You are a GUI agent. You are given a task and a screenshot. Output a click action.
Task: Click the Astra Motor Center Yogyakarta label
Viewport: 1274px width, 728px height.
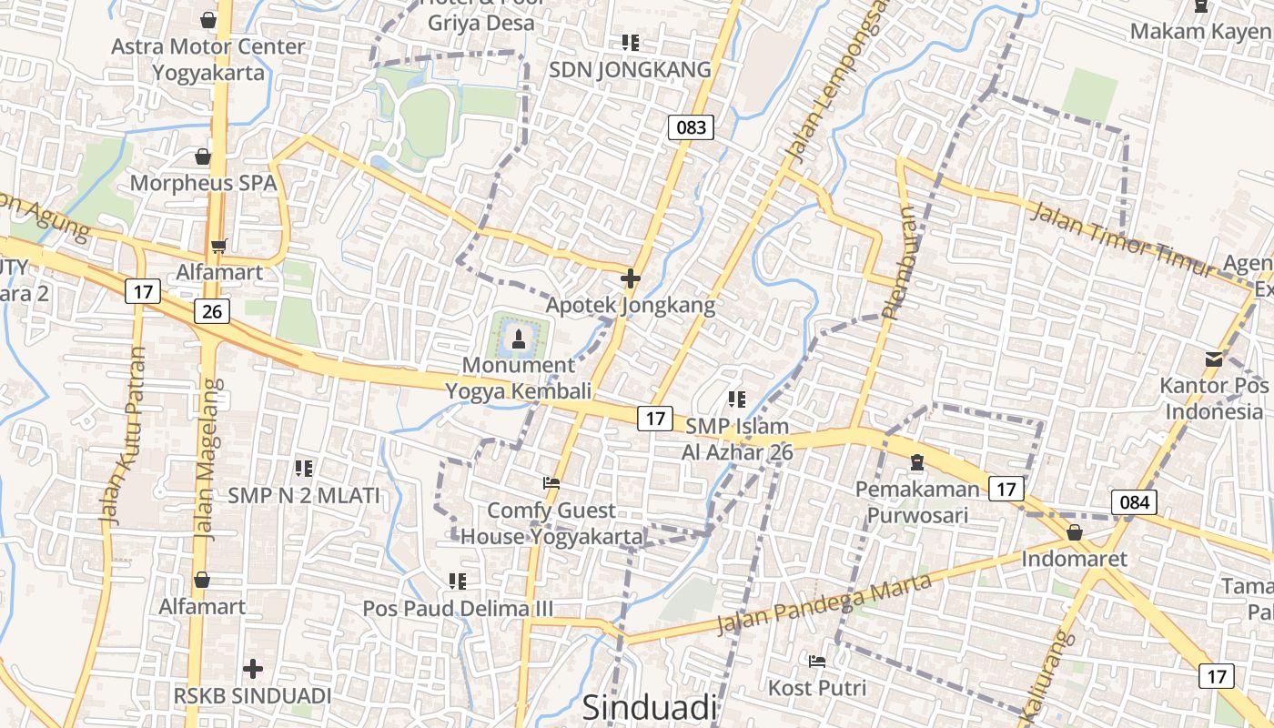coord(208,59)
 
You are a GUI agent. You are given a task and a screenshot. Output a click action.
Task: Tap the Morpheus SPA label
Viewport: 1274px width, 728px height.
coord(203,183)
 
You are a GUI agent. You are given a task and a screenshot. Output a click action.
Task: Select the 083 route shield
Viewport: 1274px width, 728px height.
coord(692,127)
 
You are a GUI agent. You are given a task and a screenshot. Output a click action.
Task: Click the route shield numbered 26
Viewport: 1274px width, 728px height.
coord(212,312)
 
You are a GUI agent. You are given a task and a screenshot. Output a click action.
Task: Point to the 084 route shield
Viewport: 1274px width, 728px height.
coord(1134,501)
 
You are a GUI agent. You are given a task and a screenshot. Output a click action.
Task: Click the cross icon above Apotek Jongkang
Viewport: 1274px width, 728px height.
coord(630,278)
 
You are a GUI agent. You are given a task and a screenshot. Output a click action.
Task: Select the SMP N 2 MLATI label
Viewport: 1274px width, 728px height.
coord(304,496)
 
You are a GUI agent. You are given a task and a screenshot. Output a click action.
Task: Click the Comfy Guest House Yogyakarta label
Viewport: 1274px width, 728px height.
coord(551,523)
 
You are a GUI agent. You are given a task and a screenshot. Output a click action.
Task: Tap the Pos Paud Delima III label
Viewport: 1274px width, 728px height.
coord(458,608)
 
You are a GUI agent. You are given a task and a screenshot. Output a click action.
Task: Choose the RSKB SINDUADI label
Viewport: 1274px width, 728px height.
coord(253,696)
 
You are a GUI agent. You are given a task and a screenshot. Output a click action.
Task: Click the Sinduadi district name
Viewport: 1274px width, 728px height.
coord(650,708)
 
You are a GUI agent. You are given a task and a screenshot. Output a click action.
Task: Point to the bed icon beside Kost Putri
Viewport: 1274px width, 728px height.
coord(817,661)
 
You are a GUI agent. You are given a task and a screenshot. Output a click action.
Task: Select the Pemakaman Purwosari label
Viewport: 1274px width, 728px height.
coord(917,502)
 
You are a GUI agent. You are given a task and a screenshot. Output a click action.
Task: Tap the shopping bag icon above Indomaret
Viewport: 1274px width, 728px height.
coord(1075,532)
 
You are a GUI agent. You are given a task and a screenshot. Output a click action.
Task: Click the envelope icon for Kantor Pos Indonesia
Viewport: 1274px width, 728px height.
coord(1213,359)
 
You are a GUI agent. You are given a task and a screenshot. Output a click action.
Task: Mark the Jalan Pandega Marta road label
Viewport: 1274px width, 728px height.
coord(824,604)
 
